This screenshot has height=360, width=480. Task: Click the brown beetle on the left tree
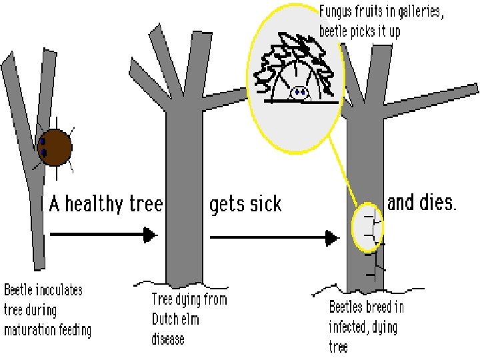54,148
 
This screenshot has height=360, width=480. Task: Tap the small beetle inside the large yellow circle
300,93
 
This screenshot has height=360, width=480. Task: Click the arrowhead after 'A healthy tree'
151,235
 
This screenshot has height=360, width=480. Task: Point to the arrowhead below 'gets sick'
329,237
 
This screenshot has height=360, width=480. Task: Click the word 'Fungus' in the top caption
340,12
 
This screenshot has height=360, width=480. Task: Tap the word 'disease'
168,339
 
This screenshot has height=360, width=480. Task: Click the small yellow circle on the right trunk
367,226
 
